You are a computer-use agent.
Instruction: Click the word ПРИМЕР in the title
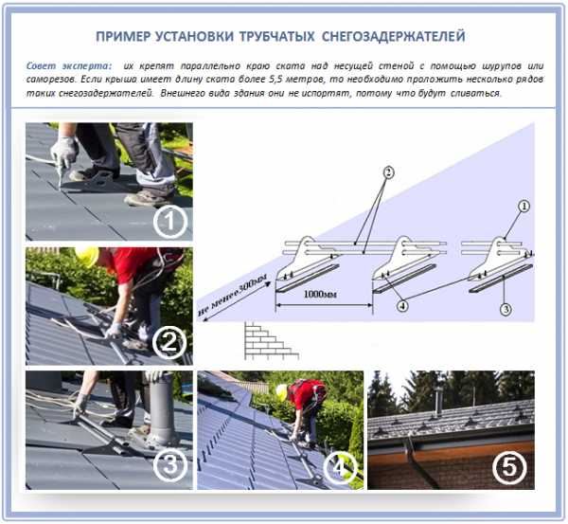(123, 36)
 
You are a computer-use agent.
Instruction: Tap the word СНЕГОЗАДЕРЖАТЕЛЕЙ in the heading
(394, 36)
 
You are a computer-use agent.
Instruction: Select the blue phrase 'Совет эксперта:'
(68, 66)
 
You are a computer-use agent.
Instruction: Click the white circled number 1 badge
(169, 222)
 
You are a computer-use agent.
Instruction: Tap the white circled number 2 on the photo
(169, 342)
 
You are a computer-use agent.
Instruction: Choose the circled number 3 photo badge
(170, 465)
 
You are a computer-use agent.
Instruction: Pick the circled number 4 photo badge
(339, 467)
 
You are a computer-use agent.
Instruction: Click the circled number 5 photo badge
(509, 467)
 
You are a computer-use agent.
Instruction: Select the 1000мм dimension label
(320, 294)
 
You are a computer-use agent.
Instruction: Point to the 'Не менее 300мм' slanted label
(234, 295)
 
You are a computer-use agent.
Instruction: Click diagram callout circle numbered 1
(524, 207)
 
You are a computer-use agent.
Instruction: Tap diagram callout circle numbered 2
(388, 172)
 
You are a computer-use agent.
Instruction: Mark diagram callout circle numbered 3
(506, 309)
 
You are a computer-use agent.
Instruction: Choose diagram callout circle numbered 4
(402, 306)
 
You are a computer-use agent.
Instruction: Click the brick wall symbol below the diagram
(271, 340)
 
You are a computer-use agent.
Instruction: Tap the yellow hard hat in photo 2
(88, 256)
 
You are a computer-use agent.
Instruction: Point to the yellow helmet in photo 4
(281, 392)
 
